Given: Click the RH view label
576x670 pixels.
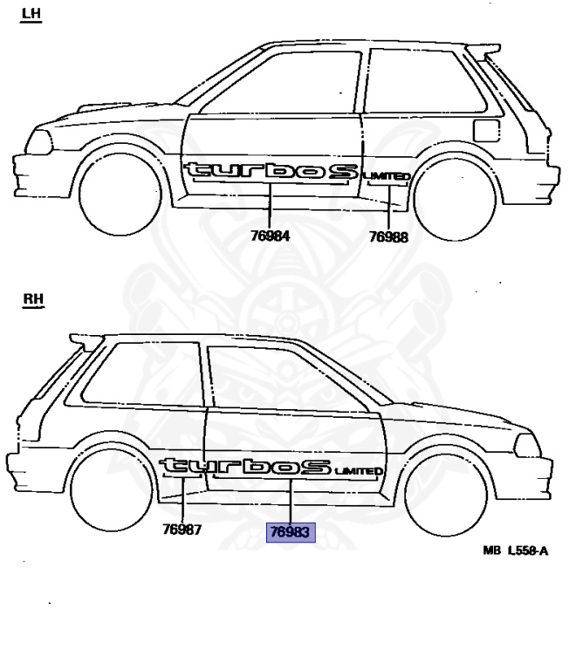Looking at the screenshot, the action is [33, 301].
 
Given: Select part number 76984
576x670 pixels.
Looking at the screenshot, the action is [270, 236].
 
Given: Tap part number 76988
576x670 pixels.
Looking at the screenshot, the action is [388, 236].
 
